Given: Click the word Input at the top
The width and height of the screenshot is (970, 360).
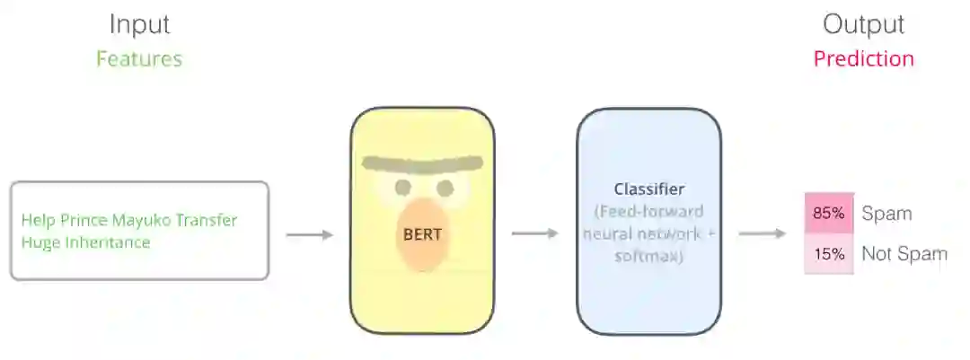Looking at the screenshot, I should tap(139, 24).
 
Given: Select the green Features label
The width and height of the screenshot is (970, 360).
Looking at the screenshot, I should tap(139, 59).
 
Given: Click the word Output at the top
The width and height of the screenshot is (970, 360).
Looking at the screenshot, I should tap(863, 24).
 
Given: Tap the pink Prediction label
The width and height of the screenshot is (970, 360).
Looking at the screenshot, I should tap(863, 59).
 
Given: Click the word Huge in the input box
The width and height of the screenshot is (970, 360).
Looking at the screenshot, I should tap(38, 242).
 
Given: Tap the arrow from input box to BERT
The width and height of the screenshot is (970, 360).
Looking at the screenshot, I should tap(309, 235).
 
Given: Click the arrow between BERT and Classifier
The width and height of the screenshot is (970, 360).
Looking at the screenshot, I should tap(535, 234).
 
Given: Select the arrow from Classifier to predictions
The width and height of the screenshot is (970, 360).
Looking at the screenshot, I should tap(763, 234).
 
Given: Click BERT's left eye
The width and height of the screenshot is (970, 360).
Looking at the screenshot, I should tap(403, 188).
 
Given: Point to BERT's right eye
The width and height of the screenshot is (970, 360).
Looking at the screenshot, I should tap(445, 188).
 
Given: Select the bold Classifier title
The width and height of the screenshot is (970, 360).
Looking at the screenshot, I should tap(648, 189).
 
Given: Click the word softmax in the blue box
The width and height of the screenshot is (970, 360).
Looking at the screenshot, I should tap(648, 256).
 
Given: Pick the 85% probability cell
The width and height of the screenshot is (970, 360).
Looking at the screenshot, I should tap(828, 215).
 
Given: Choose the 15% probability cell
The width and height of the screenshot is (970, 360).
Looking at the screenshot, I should tap(828, 254).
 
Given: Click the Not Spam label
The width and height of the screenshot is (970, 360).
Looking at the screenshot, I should tap(904, 254).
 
